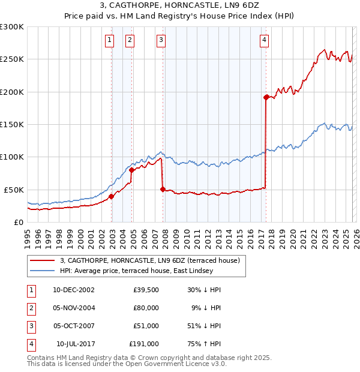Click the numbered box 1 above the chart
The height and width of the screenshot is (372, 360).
point(110,40)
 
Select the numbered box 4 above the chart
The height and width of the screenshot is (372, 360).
point(264,40)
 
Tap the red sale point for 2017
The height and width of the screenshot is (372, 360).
point(266,97)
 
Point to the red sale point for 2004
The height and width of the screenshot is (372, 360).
point(132,170)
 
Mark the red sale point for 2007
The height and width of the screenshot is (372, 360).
point(163,189)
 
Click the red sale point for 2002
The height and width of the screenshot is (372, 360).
point(112,196)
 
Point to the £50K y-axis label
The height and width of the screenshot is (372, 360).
point(14,190)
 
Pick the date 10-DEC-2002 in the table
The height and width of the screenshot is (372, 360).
point(73,290)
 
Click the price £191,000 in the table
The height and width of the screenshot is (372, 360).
point(144,344)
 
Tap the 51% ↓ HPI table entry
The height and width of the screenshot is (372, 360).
point(204,326)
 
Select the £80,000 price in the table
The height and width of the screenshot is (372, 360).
point(146,308)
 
